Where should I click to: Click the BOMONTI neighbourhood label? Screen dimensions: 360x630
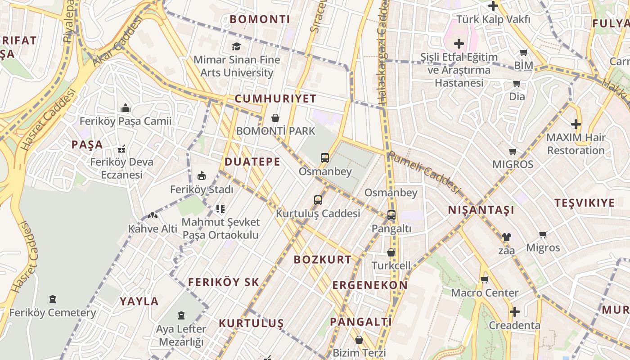(260, 19)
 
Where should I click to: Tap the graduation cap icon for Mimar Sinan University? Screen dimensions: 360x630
(236, 46)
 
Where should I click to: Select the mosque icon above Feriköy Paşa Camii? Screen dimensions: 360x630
(125, 108)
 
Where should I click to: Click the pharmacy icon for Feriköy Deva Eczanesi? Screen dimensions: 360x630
(121, 149)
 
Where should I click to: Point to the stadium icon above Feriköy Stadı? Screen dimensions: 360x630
(202, 176)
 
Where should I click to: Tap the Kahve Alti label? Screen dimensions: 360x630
(153, 229)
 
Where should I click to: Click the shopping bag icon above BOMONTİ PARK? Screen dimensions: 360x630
(275, 118)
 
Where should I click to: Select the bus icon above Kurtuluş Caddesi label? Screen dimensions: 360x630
(318, 200)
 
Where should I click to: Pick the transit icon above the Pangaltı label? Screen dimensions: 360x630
(391, 215)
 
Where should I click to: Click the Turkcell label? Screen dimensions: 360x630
(391, 265)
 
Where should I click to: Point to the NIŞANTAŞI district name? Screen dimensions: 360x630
(481, 210)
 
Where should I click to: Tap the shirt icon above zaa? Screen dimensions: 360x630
(507, 237)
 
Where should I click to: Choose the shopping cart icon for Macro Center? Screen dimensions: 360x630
(485, 279)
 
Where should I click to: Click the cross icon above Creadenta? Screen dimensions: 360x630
(515, 311)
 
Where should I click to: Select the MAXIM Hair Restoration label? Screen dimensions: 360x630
(576, 144)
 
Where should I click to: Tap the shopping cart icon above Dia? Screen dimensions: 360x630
(517, 83)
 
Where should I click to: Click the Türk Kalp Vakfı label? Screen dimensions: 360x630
(494, 19)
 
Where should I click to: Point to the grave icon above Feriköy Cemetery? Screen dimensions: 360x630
(53, 299)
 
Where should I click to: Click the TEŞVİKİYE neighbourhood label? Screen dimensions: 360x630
(584, 203)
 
